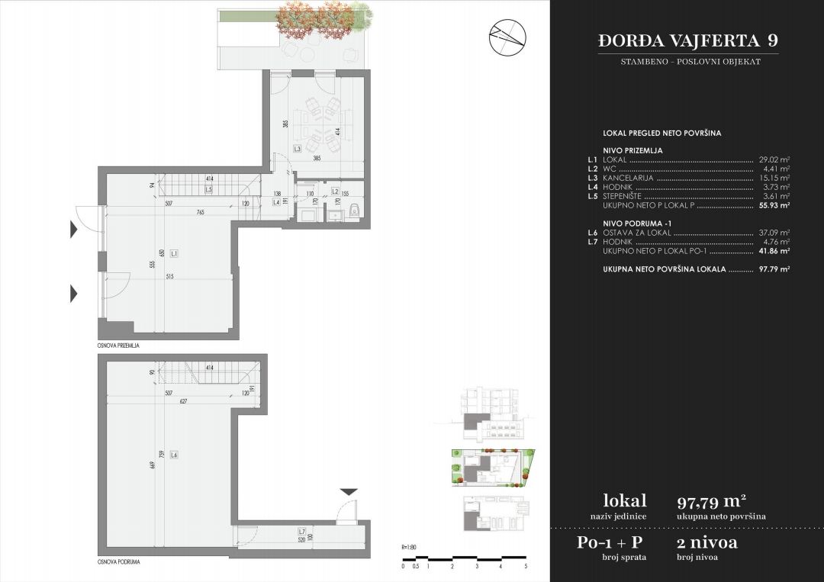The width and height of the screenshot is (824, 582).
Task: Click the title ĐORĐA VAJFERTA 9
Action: pos(688,40)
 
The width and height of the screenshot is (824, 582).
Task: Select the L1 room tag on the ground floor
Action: pos(174,252)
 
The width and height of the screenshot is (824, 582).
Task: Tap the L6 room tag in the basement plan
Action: pos(174,455)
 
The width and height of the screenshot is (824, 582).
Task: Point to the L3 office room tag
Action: pos(297,149)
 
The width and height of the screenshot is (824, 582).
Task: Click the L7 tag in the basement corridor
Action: pos(301,532)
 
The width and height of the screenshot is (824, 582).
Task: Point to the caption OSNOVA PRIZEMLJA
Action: pos(118,345)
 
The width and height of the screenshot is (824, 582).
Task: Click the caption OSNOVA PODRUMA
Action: pos(117,561)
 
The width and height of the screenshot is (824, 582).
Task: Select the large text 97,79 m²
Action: pos(711,501)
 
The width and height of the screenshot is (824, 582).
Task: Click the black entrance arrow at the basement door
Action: pos(347,492)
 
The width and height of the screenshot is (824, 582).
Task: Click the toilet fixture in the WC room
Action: pos(352,212)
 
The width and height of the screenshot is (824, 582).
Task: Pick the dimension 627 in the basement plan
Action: pos(179,402)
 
